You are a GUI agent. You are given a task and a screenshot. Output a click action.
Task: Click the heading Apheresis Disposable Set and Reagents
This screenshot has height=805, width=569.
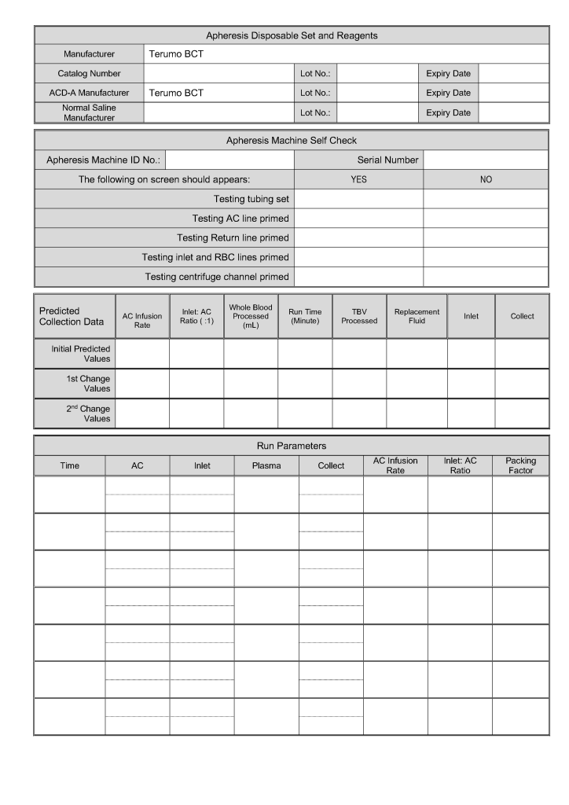pos(292,35)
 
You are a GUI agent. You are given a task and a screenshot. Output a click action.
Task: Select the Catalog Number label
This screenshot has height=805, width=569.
pos(89,74)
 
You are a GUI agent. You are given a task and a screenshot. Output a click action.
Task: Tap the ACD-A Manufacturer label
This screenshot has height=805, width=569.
pos(89,93)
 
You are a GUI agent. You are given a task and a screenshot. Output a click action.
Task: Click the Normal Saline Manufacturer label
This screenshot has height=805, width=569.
pos(89,112)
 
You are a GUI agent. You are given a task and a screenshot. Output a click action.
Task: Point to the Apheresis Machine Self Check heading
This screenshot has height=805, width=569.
pos(292,141)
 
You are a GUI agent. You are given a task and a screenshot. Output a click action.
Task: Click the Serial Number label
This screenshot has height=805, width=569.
pos(388,160)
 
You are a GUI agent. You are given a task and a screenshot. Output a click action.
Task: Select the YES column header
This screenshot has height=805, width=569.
pos(358,179)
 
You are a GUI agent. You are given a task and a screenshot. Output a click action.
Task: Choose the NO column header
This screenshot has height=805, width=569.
pos(486,179)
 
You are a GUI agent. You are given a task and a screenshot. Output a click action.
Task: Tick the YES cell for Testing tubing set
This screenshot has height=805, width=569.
pos(358,199)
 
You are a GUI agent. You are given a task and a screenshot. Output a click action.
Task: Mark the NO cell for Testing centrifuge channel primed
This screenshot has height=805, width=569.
pos(486,277)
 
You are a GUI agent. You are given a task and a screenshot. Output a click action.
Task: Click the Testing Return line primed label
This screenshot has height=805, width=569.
pos(233,237)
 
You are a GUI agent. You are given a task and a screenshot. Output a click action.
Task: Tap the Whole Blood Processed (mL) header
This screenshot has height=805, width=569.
pos(251,316)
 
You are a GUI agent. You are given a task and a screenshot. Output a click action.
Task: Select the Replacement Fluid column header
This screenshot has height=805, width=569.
pos(417,316)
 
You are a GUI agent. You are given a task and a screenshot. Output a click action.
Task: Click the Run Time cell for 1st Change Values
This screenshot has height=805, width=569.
pos(305,384)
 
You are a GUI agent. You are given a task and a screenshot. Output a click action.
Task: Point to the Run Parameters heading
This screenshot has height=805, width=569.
pos(292,446)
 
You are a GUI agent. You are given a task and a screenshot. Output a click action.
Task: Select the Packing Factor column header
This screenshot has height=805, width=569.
pos(520,465)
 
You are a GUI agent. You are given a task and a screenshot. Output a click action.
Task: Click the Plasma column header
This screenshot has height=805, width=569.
pos(266,465)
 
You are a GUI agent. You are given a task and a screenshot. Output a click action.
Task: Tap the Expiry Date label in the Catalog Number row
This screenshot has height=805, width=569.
pos(448,74)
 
